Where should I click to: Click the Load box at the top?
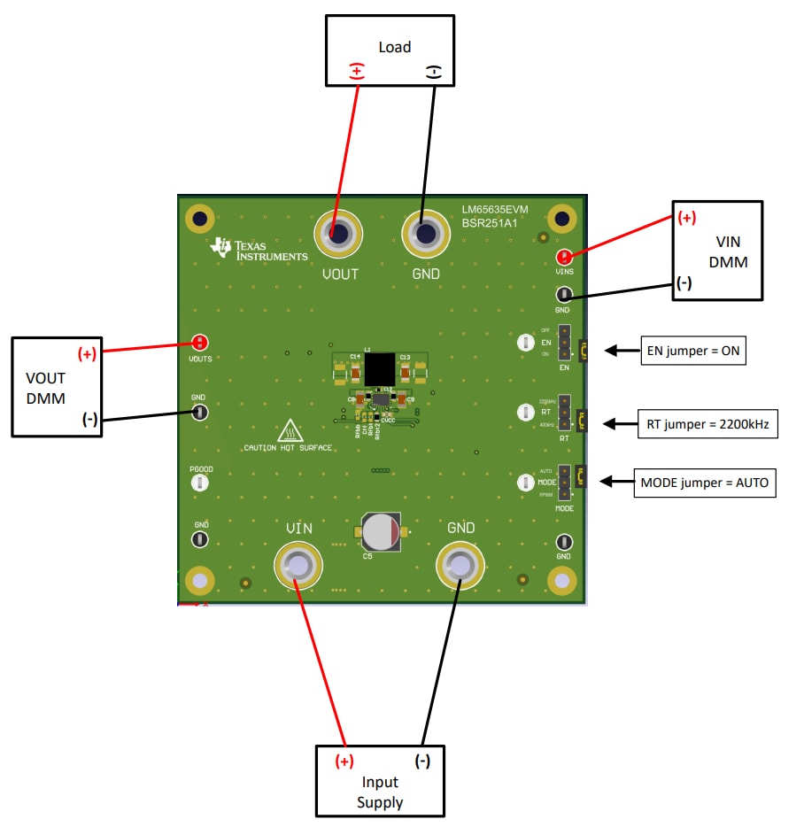tap(390, 50)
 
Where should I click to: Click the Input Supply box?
tap(380, 781)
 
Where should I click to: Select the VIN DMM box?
tap(717, 251)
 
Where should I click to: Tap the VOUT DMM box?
tap(55, 386)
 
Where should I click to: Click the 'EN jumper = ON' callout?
tap(693, 351)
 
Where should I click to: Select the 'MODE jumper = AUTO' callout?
tap(705, 483)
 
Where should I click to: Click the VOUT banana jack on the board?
tap(339, 235)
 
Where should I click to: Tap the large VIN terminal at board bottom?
tap(298, 565)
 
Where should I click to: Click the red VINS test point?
tap(564, 258)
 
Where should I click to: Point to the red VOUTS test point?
tap(200, 343)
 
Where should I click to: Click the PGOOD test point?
tap(200, 483)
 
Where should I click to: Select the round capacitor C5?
tap(382, 531)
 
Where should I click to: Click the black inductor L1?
tap(379, 368)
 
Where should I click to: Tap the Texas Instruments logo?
tap(258, 250)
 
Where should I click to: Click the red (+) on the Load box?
tap(356, 72)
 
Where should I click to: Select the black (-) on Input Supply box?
tap(422, 761)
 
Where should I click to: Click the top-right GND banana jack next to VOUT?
tap(425, 235)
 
